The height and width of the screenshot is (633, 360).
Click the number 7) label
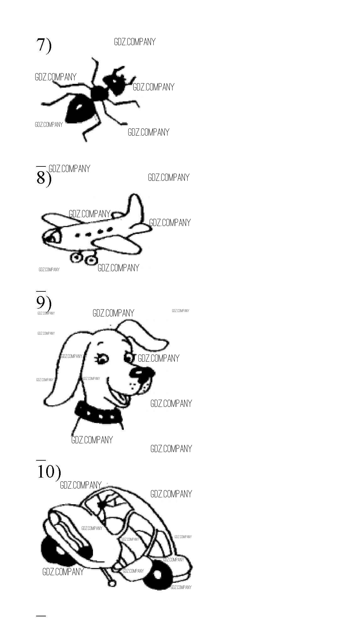point(44,45)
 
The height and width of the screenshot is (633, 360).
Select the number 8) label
point(44,179)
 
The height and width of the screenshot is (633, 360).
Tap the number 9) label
point(44,303)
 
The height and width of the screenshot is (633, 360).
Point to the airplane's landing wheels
point(84,258)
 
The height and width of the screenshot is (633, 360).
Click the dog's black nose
point(141,373)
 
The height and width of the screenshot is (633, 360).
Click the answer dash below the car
point(41,616)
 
